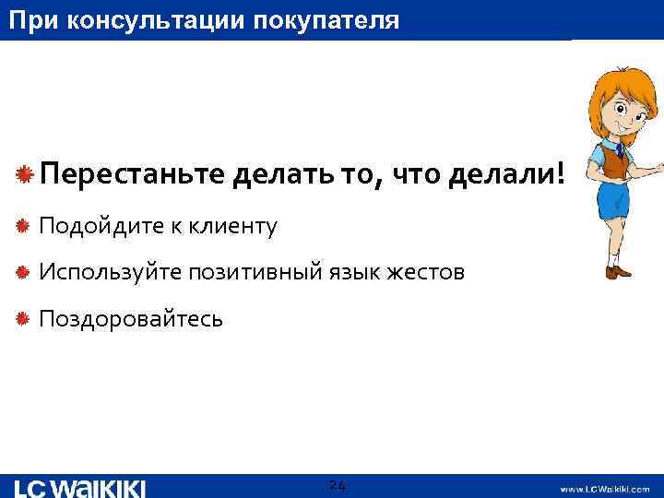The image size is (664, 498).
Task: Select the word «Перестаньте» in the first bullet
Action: (130, 173)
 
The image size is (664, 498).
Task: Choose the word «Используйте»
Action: (109, 273)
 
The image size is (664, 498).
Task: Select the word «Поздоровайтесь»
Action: (130, 319)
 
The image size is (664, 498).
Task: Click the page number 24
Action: (337, 486)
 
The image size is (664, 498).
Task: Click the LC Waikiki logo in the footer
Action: (80, 487)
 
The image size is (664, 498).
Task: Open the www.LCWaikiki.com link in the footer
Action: (606, 489)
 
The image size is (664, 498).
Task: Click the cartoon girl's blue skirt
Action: (611, 200)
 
